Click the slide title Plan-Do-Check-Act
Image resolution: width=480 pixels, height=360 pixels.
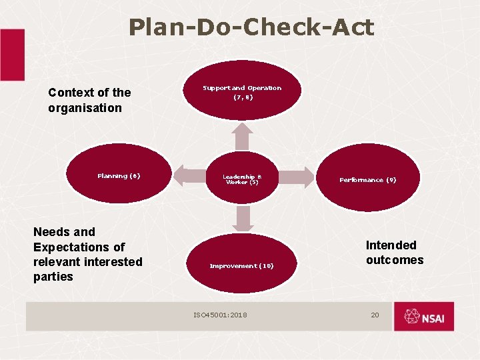click(x=251, y=27)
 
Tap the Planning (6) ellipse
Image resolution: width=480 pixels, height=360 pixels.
click(x=119, y=177)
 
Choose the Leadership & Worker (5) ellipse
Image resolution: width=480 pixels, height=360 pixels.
click(x=241, y=178)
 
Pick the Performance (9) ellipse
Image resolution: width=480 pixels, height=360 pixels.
click(x=367, y=179)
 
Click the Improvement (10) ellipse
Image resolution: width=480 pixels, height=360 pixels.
click(x=241, y=265)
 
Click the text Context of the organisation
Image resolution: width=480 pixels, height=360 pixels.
click(x=89, y=100)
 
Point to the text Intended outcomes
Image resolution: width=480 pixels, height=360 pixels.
click(x=394, y=253)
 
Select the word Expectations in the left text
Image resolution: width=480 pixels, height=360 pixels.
click(x=79, y=247)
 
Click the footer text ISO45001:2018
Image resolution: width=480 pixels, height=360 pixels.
click(x=220, y=314)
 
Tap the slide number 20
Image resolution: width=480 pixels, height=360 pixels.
click(x=375, y=314)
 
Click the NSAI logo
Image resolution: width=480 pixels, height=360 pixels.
click(x=424, y=317)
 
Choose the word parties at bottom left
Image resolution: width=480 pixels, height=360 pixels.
click(x=53, y=277)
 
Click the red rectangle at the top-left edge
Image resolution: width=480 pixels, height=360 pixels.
click(x=11, y=55)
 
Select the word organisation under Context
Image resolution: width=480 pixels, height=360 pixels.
click(x=85, y=108)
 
